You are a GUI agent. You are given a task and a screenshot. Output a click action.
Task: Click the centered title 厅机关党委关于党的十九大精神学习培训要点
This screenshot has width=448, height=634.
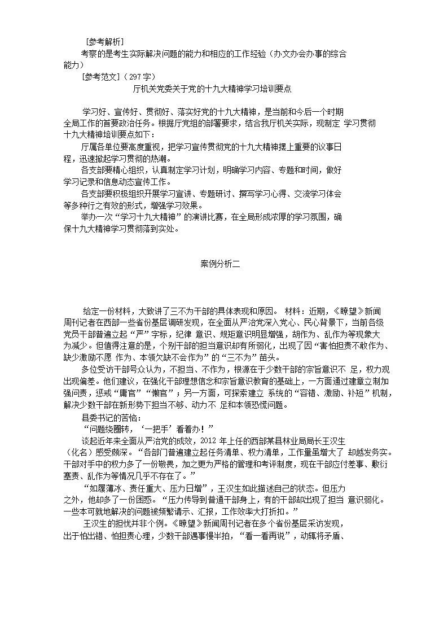pyautogui.click(x=212, y=89)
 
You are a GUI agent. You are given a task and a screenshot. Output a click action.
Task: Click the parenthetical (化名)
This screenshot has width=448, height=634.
pyautogui.click(x=76, y=452)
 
